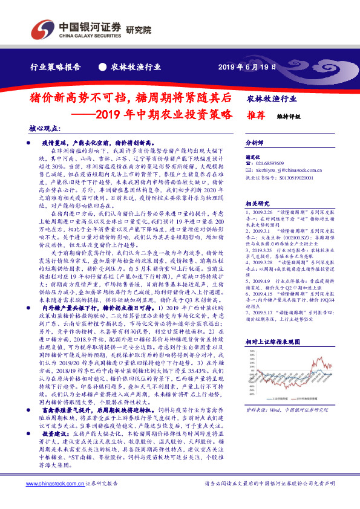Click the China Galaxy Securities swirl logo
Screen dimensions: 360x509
click(42, 30)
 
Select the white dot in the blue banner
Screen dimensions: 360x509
click(102, 67)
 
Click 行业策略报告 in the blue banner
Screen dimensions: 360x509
click(56, 67)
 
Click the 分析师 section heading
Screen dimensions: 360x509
click(255, 143)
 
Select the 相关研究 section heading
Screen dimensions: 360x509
click(258, 204)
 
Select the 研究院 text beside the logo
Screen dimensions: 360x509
click(139, 29)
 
